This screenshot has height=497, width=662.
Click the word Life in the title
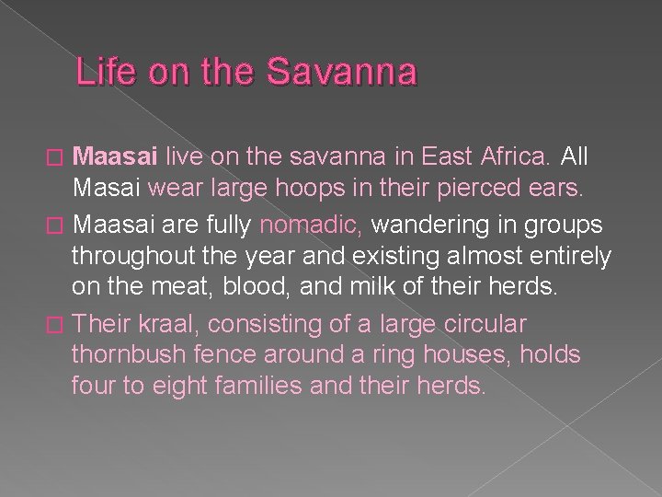100,72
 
